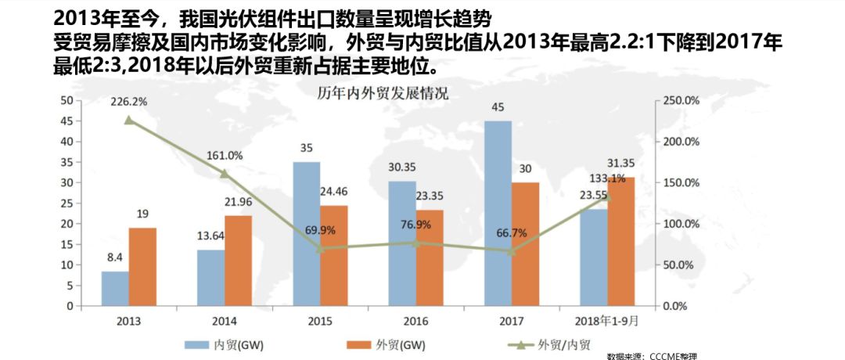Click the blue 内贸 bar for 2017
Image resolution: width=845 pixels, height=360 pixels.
(x=498, y=213)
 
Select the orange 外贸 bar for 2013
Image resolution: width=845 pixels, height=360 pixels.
(x=142, y=266)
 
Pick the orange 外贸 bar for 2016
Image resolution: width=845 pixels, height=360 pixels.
(x=430, y=257)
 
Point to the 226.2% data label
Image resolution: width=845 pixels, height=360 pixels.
(x=130, y=102)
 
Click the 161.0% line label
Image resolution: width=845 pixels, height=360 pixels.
(x=225, y=155)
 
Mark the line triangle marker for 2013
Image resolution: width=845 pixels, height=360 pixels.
(x=129, y=120)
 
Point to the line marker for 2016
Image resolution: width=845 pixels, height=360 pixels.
(x=416, y=243)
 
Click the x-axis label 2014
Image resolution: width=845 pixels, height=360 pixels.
(x=225, y=321)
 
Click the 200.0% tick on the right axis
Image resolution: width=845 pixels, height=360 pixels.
(x=678, y=142)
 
